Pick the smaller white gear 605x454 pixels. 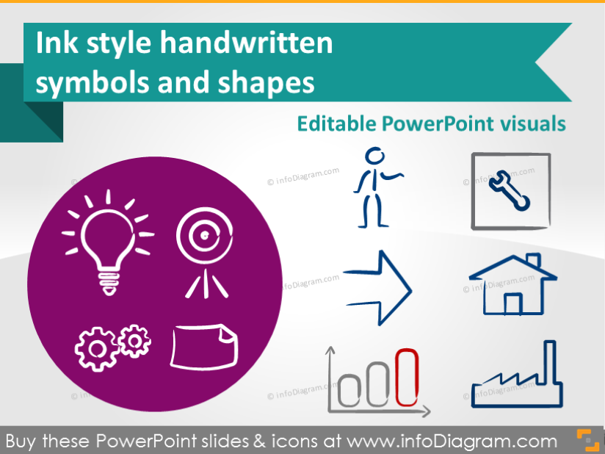point(134,339)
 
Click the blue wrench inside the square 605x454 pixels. point(511,189)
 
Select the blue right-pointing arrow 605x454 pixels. point(377,287)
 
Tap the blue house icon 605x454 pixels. point(513,286)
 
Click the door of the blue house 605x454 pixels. point(512,303)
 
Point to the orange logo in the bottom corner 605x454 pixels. point(587,439)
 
